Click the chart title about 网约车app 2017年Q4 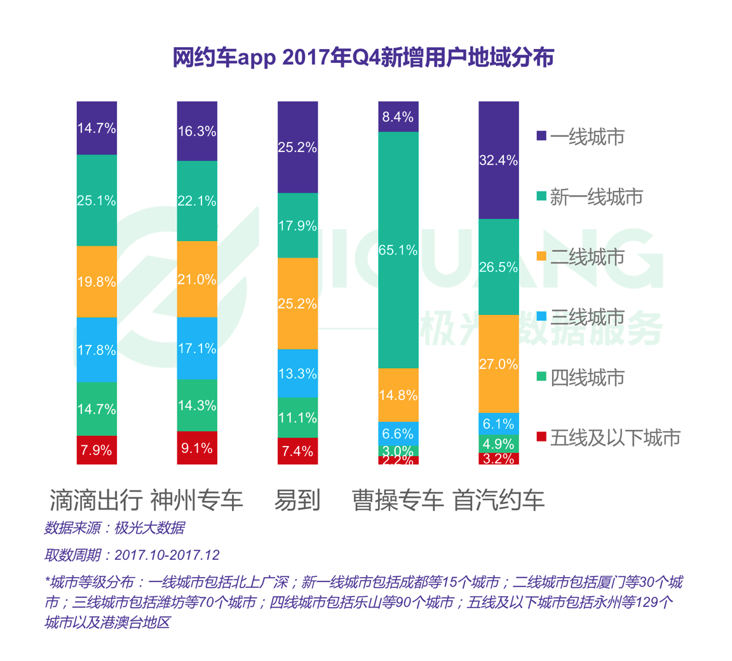pyautogui.click(x=363, y=57)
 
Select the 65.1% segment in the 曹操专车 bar pyautogui.click(x=398, y=250)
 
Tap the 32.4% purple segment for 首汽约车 pyautogui.click(x=499, y=160)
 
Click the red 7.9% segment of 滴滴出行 pyautogui.click(x=97, y=450)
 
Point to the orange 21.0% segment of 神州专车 pyautogui.click(x=197, y=279)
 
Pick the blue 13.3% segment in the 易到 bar pyautogui.click(x=297, y=373)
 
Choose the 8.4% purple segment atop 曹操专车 pyautogui.click(x=398, y=116)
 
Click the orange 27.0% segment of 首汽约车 pyautogui.click(x=499, y=364)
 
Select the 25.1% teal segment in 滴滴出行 pyautogui.click(x=97, y=200)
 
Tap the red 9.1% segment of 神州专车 pyautogui.click(x=197, y=448)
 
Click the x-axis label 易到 pyautogui.click(x=297, y=501)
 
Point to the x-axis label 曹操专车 pyautogui.click(x=398, y=501)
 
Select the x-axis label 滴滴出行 pyautogui.click(x=97, y=501)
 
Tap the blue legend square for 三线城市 pyautogui.click(x=541, y=316)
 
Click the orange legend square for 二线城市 pyautogui.click(x=541, y=256)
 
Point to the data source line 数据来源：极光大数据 pyautogui.click(x=114, y=528)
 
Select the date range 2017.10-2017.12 pyautogui.click(x=167, y=555)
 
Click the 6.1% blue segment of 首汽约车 pyautogui.click(x=499, y=424)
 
